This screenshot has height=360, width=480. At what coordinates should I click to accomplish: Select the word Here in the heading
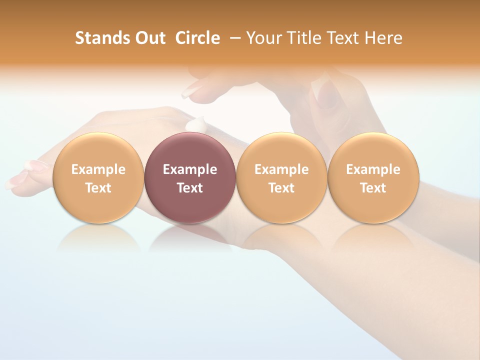383,38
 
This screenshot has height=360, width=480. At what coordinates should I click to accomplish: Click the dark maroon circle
189,177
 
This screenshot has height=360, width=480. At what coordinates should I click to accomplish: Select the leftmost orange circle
98,177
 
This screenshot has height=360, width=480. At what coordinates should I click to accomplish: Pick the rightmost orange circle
373,177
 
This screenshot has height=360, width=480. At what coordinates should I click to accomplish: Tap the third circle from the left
281,177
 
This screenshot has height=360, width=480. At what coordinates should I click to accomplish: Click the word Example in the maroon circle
189,169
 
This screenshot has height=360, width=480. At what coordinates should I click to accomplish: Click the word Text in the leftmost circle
98,188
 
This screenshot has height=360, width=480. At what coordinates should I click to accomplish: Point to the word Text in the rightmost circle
373,188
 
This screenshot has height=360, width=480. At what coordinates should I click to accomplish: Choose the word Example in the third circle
281,169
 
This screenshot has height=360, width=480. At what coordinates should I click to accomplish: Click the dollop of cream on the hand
196,124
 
